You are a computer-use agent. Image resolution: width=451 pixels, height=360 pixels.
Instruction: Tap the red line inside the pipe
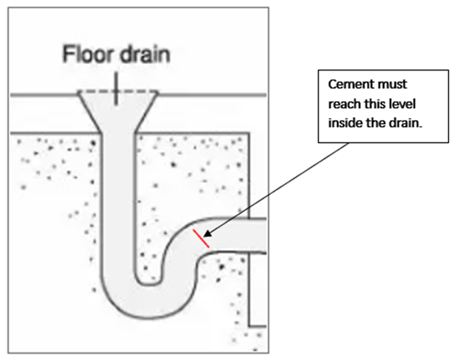202,238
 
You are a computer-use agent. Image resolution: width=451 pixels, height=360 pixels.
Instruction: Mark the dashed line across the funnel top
116,91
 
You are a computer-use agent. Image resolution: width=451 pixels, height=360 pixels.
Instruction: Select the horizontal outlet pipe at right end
254,233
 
